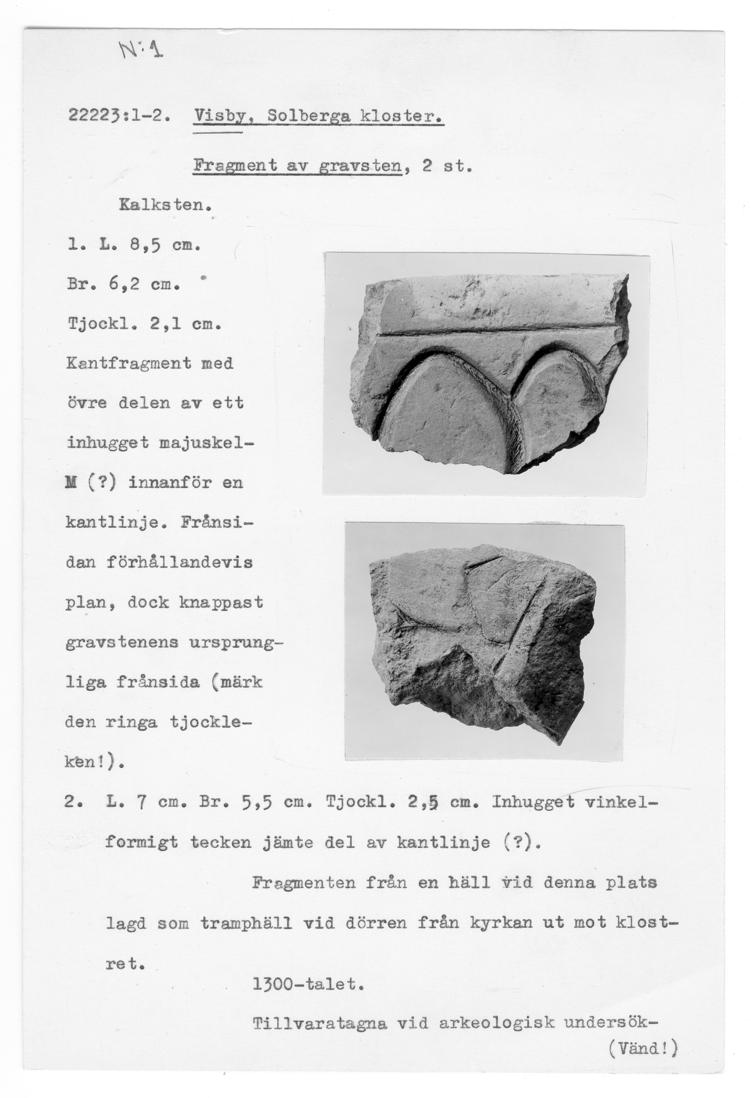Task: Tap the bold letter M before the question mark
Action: tap(72, 483)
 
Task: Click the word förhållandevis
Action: tap(180, 562)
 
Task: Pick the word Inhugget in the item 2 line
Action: tap(533, 802)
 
